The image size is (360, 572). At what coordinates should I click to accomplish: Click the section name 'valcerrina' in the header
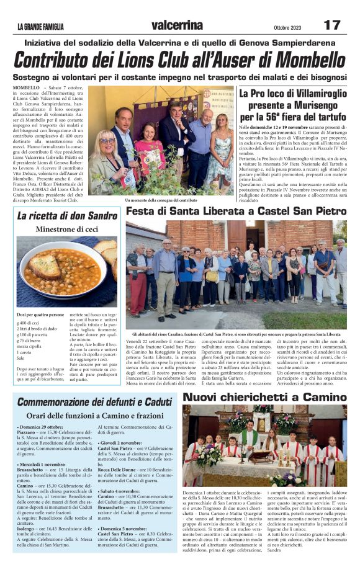click(176, 25)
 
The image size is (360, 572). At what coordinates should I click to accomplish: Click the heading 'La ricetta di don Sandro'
click(67, 217)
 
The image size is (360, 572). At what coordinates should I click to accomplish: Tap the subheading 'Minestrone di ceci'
click(67, 230)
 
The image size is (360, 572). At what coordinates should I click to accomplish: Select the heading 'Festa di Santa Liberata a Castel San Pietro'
click(236, 212)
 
